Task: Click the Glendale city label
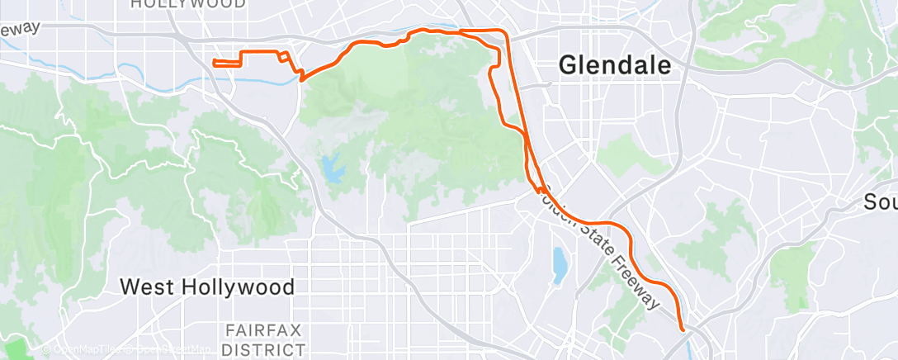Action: [615, 65]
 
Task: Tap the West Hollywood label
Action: [206, 287]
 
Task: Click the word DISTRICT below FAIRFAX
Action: [263, 349]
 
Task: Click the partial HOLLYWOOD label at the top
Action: [188, 4]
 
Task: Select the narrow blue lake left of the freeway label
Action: [560, 263]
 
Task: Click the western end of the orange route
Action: [214, 62]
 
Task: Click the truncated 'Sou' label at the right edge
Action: [881, 201]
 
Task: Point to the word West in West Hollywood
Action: [149, 287]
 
